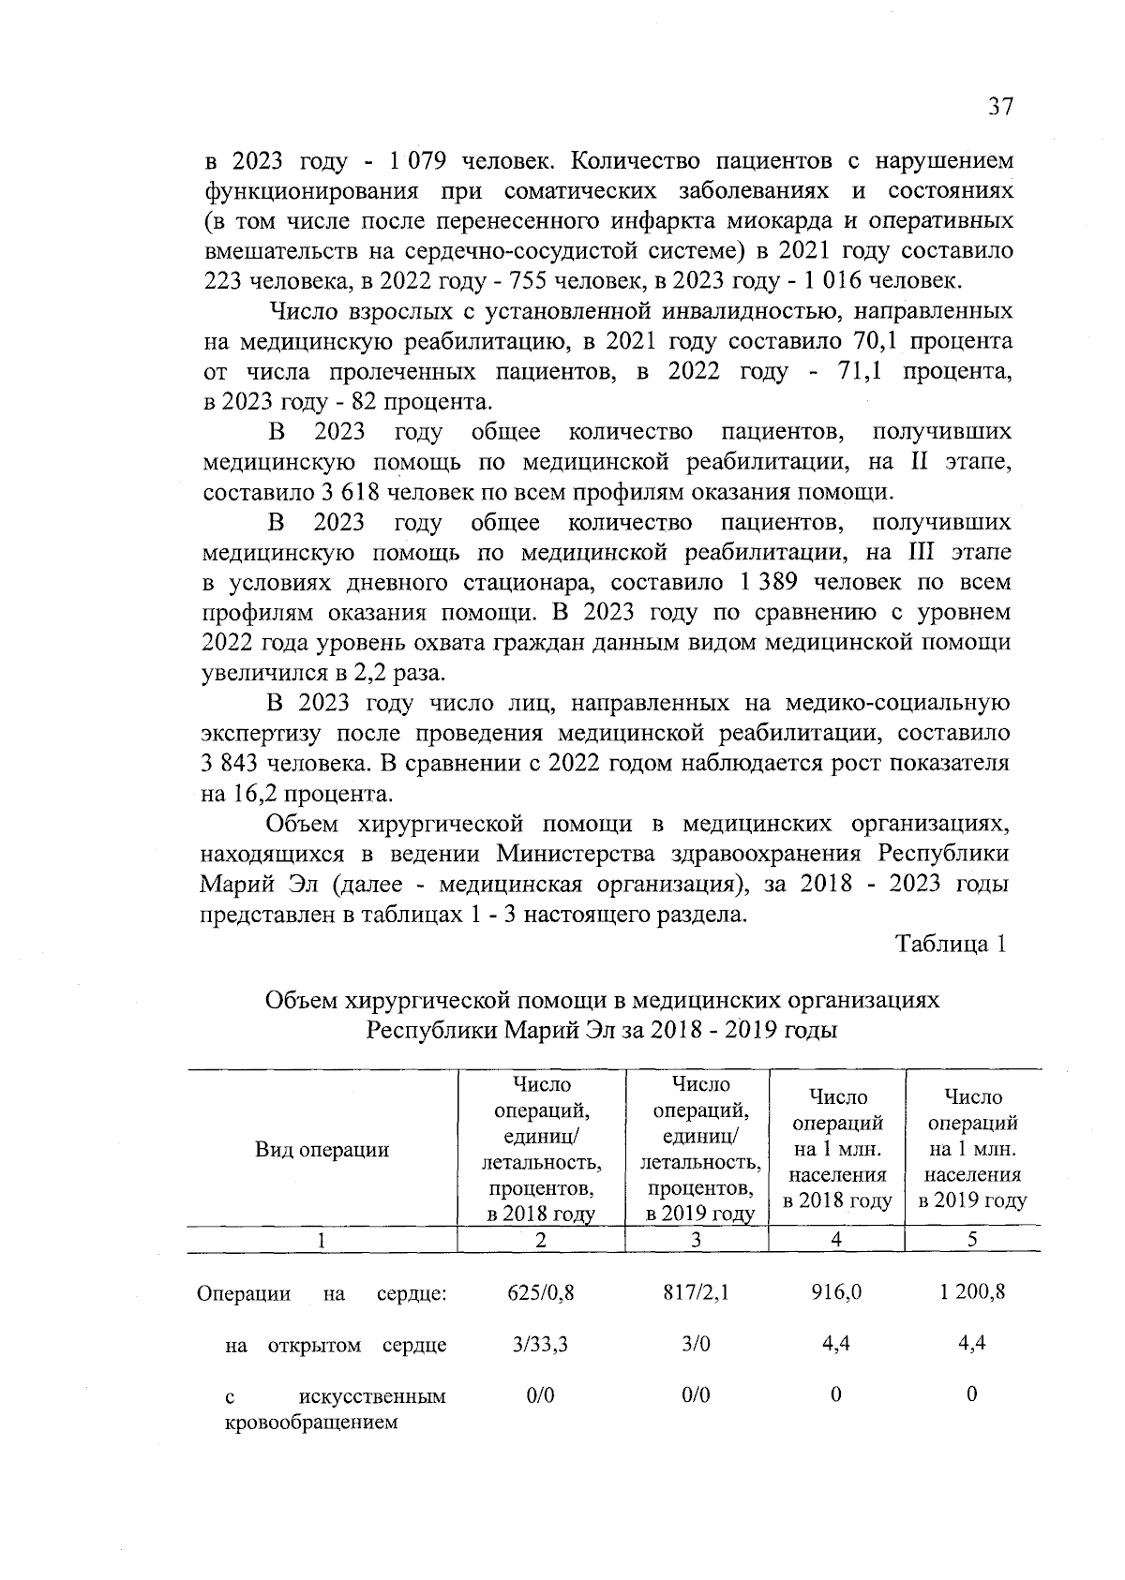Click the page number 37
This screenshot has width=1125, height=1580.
click(x=1000, y=106)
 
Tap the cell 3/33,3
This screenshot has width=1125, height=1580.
click(x=540, y=1344)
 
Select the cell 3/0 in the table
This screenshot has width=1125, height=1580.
click(x=696, y=1344)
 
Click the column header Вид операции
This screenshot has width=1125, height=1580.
click(x=322, y=1150)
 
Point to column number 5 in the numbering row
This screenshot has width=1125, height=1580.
click(x=972, y=1239)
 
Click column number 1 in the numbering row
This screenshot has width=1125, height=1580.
click(x=322, y=1239)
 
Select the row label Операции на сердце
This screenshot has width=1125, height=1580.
click(x=322, y=1294)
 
